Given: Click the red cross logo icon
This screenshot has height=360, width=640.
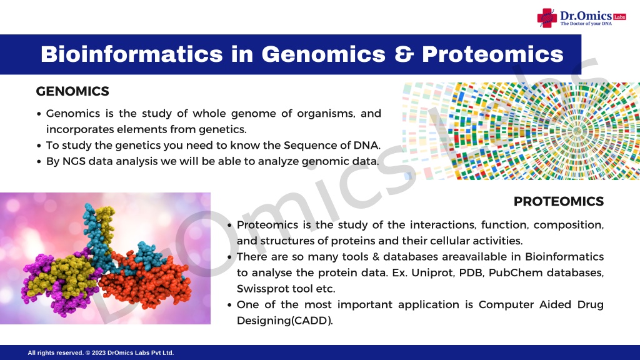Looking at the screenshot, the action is [547, 18].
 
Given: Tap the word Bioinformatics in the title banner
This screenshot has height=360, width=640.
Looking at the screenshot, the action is [132, 54].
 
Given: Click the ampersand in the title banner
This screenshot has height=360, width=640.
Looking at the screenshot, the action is [404, 54].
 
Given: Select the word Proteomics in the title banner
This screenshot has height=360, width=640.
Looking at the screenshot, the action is [492, 54].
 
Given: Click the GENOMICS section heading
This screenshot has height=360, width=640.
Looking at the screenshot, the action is [72, 91].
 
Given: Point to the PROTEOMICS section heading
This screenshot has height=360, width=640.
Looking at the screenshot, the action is [559, 201].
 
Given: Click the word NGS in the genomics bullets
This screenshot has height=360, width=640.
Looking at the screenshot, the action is [74, 161].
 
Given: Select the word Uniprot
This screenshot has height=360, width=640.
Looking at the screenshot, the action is [432, 272].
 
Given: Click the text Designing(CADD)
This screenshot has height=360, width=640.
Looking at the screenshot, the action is [285, 321].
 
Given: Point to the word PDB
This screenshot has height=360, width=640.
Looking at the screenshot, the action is [471, 272].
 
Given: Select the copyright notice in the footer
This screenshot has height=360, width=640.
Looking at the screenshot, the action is [101, 352].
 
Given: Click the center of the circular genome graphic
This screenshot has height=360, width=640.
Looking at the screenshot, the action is [577, 131].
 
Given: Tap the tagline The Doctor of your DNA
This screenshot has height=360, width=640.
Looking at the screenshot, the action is [586, 24].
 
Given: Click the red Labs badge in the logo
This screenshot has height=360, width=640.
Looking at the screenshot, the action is [619, 17].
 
